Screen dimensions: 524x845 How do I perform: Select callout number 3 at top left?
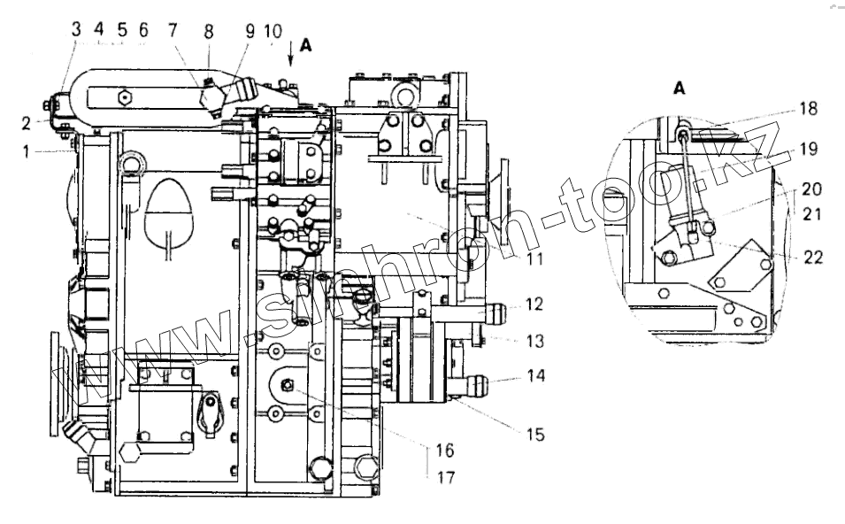coord(76,29)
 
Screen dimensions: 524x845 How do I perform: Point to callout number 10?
coord(273,30)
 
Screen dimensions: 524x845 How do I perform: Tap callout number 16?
coord(444,451)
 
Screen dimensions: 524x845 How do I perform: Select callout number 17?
coord(445,477)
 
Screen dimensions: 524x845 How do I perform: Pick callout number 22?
coord(814,258)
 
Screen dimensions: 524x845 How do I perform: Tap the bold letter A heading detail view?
coord(680,89)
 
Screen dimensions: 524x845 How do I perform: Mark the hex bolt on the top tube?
coord(125,95)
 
